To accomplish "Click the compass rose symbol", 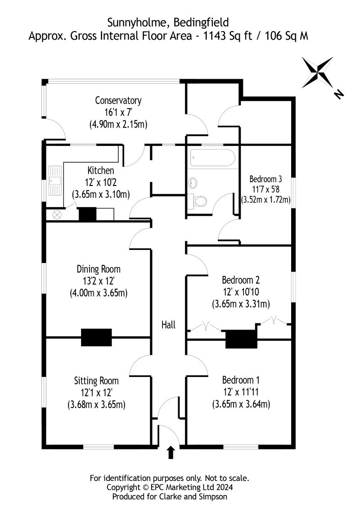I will click(317, 72).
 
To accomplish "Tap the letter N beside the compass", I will click(338, 94).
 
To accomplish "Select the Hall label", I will click(169, 325).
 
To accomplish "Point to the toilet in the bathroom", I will click(199, 199).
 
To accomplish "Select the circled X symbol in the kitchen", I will click(57, 215).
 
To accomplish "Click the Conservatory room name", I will click(118, 100).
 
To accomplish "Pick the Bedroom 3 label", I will click(265, 177).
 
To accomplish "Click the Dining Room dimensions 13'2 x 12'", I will click(99, 281).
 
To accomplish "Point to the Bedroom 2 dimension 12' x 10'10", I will click(241, 292).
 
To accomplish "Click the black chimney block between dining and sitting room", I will click(96, 336).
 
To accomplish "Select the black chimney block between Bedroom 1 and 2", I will click(240, 338).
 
